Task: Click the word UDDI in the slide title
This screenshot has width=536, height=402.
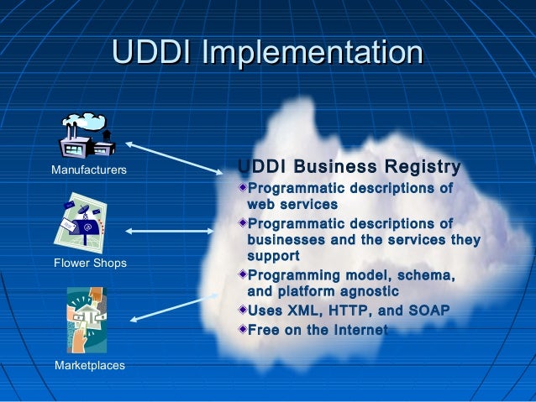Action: pyautogui.click(x=154, y=52)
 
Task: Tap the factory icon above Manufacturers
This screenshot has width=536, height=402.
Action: pyautogui.click(x=88, y=136)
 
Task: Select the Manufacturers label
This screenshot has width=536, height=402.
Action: pyautogui.click(x=89, y=170)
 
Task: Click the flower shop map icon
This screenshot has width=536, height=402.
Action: pyautogui.click(x=84, y=222)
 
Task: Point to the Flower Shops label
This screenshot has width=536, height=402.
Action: pyautogui.click(x=89, y=264)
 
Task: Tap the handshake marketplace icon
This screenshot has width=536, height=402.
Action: pyautogui.click(x=86, y=319)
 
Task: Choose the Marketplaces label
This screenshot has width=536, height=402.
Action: pyautogui.click(x=89, y=366)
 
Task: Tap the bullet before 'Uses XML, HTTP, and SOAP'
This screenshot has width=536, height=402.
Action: pyautogui.click(x=242, y=310)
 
